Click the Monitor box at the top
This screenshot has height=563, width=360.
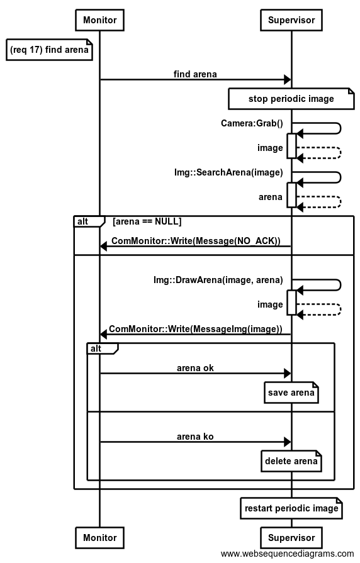[x=99, y=20]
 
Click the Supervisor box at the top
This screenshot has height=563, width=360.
[x=291, y=20]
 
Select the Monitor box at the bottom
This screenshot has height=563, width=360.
[x=99, y=537]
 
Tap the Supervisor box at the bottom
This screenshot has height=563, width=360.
[x=291, y=537]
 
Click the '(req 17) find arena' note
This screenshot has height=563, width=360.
[x=49, y=50]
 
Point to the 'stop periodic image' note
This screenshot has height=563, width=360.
[x=291, y=99]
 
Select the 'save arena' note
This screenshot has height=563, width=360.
[x=291, y=393]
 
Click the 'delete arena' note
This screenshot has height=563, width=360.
[x=291, y=461]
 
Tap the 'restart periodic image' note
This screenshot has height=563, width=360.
[x=291, y=508]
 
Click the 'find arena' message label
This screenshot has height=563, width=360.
[x=195, y=74]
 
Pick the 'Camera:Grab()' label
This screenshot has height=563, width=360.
[x=252, y=123]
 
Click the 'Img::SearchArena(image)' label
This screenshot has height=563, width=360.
[x=228, y=172]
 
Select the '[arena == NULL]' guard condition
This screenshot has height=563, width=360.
[x=147, y=221]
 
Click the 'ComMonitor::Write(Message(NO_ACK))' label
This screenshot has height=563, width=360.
[x=196, y=241]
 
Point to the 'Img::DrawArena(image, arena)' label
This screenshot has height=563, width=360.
[x=218, y=280]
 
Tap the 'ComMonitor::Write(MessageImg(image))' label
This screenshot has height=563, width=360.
[x=196, y=329]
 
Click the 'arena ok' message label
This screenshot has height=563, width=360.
[x=195, y=368]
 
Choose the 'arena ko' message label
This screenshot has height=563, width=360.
[x=195, y=437]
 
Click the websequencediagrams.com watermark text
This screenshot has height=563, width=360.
[x=288, y=554]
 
